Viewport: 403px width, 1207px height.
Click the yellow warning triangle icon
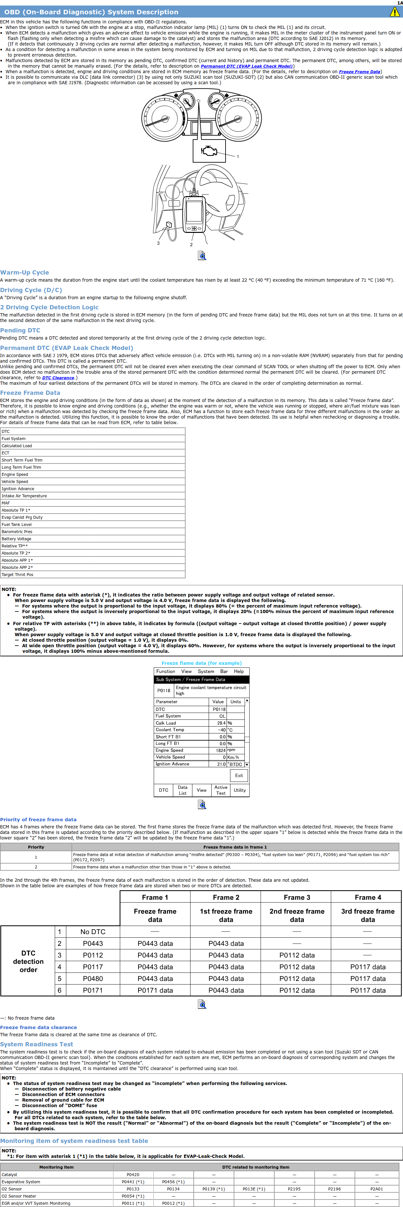(x=395, y=12)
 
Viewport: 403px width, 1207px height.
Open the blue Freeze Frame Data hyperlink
(x=359, y=72)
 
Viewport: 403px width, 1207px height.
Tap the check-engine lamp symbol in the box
(x=209, y=151)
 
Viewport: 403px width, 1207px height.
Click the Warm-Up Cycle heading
(x=24, y=272)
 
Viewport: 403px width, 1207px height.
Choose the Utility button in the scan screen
(x=240, y=790)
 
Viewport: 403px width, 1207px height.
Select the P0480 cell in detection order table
(x=93, y=978)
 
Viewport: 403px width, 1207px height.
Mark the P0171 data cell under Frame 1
(x=155, y=990)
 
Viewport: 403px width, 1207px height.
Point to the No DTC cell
(x=93, y=932)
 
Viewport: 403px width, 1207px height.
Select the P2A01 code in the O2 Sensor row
(x=376, y=1189)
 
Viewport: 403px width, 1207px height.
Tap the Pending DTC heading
(x=20, y=330)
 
